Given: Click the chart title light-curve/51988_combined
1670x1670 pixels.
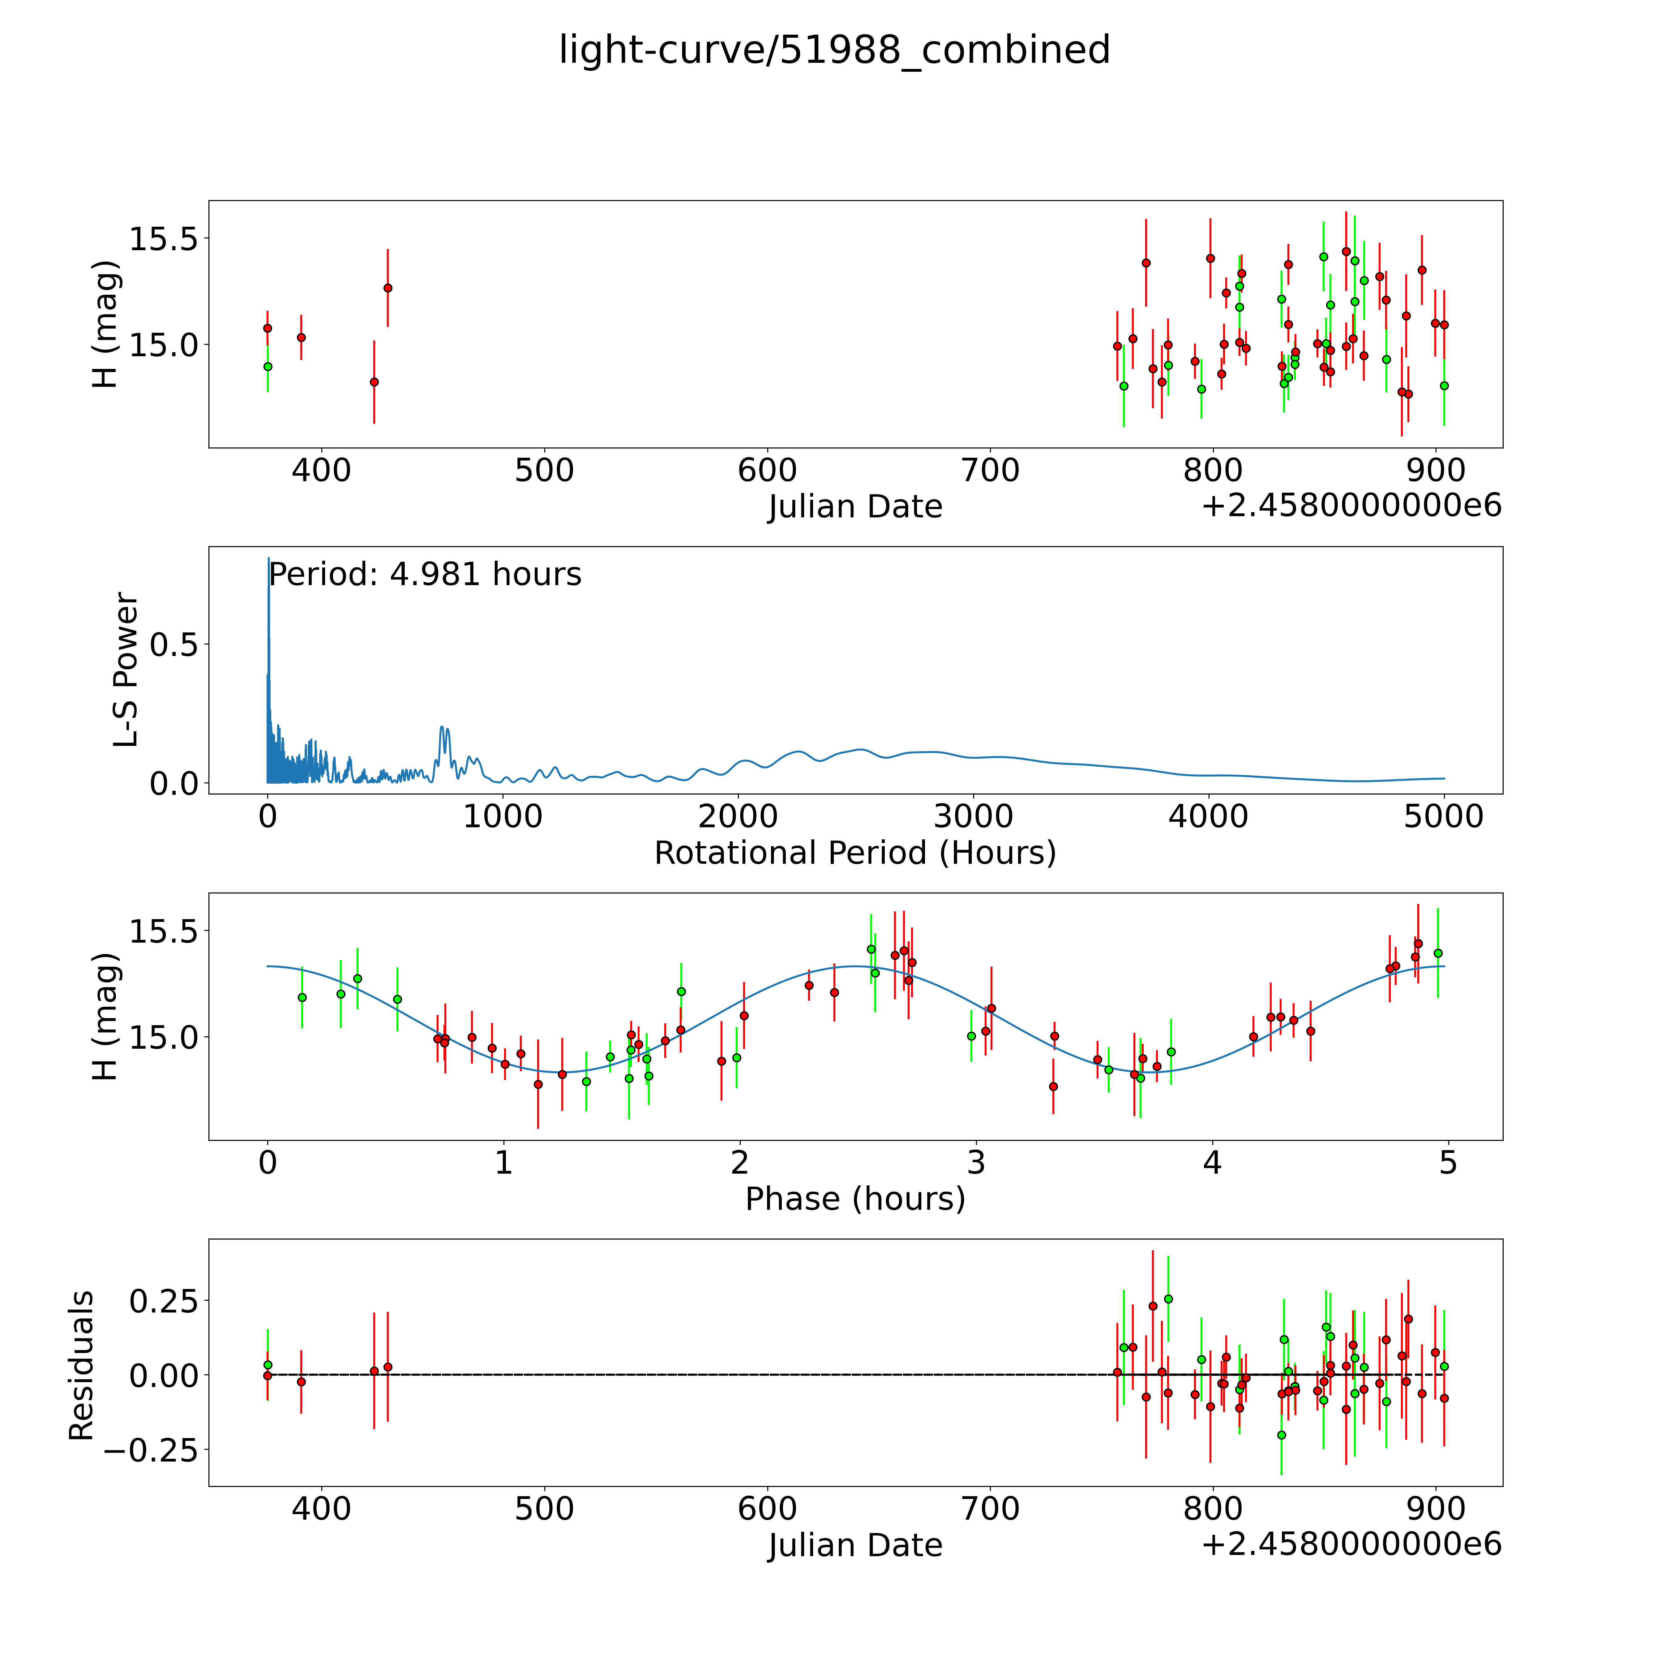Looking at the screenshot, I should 834,50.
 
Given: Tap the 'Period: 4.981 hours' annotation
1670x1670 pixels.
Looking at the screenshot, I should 424,575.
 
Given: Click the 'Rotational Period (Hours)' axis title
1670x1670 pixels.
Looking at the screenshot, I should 855,853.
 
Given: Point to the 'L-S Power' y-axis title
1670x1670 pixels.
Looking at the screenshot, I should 126,670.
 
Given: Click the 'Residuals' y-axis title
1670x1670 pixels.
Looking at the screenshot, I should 81,1366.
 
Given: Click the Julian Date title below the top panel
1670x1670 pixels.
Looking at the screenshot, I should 855,507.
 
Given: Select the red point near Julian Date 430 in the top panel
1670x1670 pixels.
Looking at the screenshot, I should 388,288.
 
